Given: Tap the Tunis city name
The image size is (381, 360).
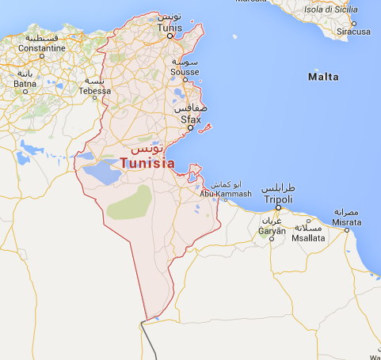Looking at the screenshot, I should click(170, 28).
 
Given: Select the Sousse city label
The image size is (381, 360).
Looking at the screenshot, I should click(185, 71).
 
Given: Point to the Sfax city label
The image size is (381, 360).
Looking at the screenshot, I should click(190, 119).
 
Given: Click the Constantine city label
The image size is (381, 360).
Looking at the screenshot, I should click(42, 48).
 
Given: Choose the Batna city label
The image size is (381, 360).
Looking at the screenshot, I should click(25, 84).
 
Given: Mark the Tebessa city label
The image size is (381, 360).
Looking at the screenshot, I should click(94, 92).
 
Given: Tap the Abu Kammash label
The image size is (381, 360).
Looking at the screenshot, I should click(226, 194).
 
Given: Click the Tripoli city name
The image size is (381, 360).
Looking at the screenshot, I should click(277, 199).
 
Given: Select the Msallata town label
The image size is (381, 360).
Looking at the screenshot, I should click(308, 237).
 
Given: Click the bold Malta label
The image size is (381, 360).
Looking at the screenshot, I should click(322, 77).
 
